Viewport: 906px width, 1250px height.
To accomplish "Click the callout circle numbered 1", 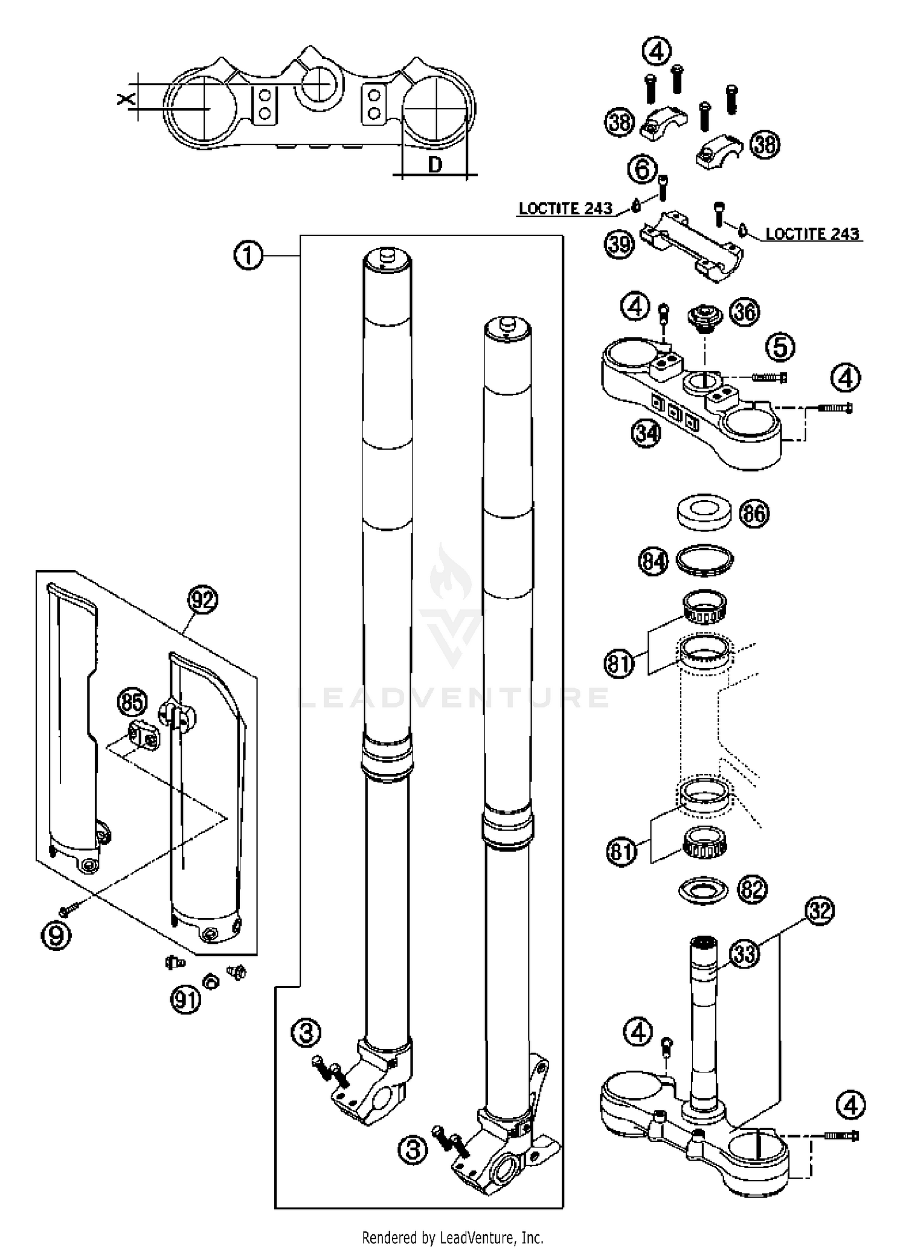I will pos(248,256).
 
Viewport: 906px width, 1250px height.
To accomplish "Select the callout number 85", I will pos(132,702).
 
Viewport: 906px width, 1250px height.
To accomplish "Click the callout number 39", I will pos(619,244).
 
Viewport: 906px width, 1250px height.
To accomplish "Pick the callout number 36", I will pos(744,312).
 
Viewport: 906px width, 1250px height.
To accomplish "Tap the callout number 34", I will pos(646,433).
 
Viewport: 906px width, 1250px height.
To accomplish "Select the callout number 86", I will pos(754,513).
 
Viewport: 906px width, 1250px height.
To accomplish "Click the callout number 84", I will pos(654,562).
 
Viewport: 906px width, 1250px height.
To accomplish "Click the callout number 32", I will pos(819,911).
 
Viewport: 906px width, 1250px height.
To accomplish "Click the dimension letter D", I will pos(434,164).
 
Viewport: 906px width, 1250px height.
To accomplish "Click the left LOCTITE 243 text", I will pos(565,209).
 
